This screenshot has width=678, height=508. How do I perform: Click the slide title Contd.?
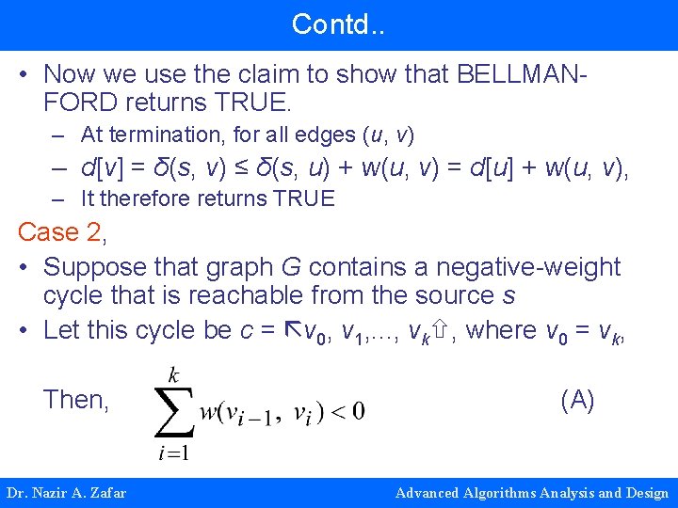tap(338, 24)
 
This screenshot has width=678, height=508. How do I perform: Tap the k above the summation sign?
tap(173, 375)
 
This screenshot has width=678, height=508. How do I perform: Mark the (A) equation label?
tap(577, 400)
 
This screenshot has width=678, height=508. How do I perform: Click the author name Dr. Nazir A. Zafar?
tap(67, 493)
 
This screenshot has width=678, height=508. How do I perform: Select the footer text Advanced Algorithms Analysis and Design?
tap(532, 493)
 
